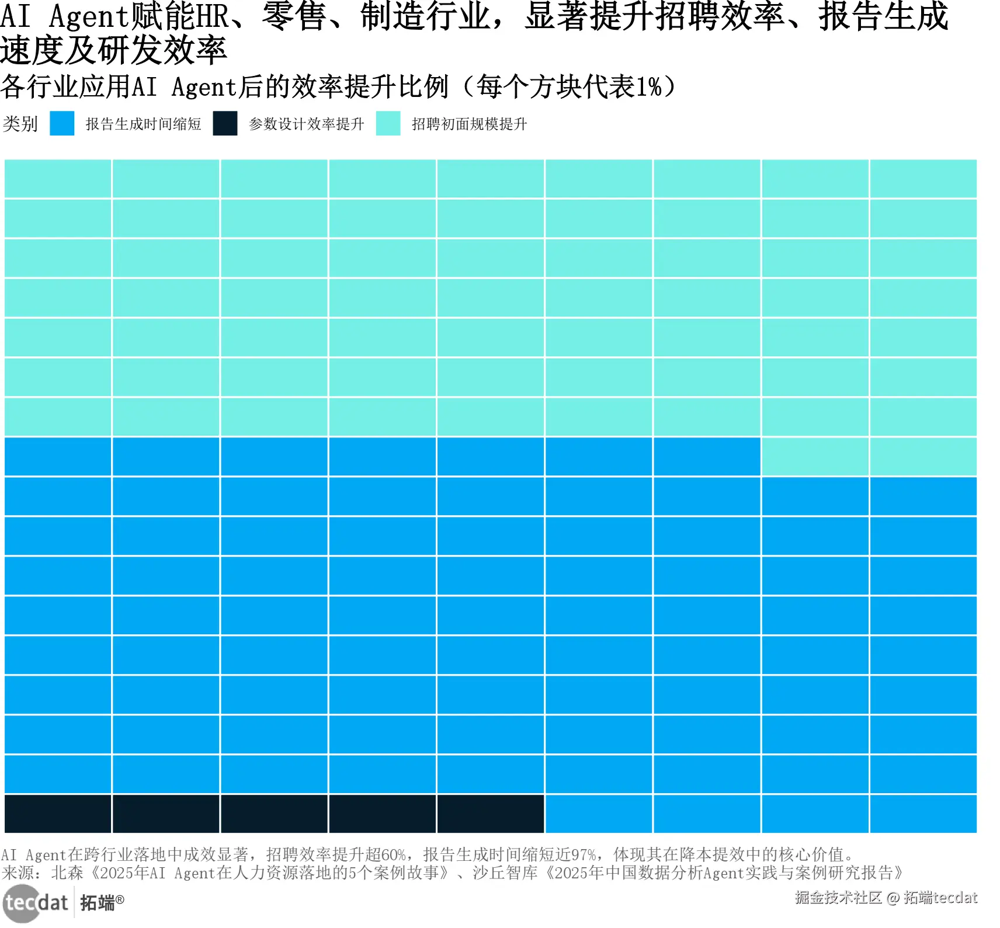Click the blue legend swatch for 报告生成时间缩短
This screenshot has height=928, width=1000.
click(x=62, y=123)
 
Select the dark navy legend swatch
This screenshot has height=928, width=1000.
click(x=225, y=123)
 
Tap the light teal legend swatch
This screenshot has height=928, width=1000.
click(x=388, y=123)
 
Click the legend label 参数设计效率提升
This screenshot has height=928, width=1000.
click(x=306, y=124)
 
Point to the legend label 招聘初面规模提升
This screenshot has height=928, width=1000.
click(x=469, y=124)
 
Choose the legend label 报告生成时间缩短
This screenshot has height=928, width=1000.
click(x=143, y=124)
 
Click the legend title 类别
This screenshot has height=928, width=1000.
click(x=20, y=124)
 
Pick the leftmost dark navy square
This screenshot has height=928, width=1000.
click(x=58, y=814)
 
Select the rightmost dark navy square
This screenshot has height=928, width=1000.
click(x=491, y=814)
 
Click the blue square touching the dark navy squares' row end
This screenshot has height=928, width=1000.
click(x=599, y=814)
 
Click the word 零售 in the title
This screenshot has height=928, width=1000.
click(x=294, y=16)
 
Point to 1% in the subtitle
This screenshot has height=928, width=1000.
click(x=649, y=87)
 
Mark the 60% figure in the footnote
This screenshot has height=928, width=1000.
click(x=393, y=855)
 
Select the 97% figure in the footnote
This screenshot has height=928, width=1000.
click(x=584, y=855)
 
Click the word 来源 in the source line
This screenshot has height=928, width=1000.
click(x=18, y=873)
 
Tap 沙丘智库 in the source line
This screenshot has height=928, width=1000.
click(x=505, y=873)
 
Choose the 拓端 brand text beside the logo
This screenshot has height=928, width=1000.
click(x=98, y=903)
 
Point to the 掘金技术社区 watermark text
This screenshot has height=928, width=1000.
click(x=838, y=898)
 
